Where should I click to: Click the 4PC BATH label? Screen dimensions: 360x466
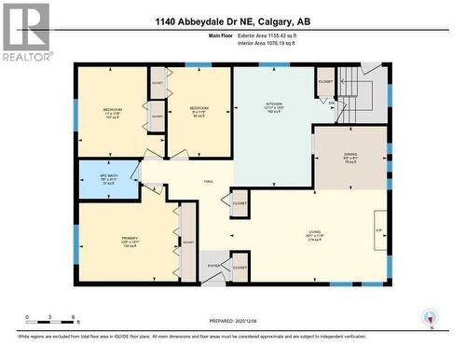(108, 176)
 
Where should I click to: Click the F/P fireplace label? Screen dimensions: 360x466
(378, 228)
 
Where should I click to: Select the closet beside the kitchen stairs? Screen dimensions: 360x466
(325, 82)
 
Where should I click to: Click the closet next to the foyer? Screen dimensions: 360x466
(239, 268)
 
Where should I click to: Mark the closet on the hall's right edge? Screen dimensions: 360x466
(240, 202)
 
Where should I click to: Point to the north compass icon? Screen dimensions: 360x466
(430, 317)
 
